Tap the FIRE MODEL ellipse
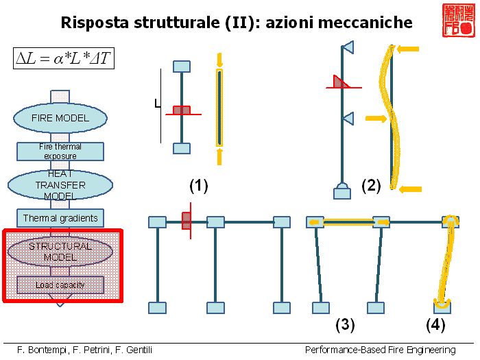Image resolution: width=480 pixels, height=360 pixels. click(60, 118)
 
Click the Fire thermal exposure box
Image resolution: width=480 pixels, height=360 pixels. click(60, 151)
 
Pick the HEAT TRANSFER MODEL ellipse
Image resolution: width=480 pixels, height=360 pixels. click(60, 185)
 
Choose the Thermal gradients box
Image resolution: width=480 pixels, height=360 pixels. click(60, 218)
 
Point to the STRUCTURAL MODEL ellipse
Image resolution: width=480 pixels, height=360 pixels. click(60, 251)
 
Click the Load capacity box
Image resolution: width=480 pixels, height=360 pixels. click(60, 285)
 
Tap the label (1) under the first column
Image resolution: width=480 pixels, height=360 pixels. click(198, 186)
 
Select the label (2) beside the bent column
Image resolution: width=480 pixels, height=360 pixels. click(371, 186)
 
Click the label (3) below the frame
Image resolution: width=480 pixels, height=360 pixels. click(344, 324)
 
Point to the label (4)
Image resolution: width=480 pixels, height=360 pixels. click(436, 324)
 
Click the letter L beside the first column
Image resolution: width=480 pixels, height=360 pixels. click(157, 105)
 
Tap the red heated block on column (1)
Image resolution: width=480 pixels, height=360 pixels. click(181, 110)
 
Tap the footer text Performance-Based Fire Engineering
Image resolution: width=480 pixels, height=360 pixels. click(381, 350)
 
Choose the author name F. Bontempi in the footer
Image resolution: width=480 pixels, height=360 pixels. click(43, 350)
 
